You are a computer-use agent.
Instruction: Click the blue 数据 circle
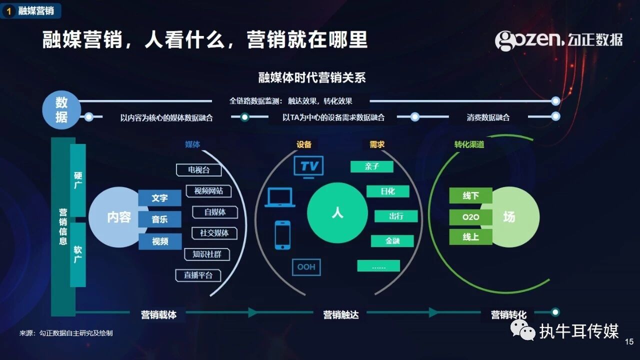(61, 110)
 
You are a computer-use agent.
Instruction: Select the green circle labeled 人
(337, 213)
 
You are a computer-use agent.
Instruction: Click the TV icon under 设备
(308, 166)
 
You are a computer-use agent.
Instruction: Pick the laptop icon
(280, 197)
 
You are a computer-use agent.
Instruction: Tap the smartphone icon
(282, 235)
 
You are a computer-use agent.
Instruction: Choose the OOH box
(306, 267)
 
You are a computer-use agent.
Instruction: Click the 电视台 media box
(199, 170)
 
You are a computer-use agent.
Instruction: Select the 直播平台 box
(198, 275)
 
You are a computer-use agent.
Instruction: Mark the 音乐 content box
(160, 219)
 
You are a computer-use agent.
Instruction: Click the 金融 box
(392, 241)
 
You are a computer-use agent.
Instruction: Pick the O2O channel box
(470, 217)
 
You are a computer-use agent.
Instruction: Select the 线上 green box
(470, 237)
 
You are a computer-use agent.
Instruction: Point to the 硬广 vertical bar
(78, 180)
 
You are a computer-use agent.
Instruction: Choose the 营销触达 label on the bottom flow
(341, 314)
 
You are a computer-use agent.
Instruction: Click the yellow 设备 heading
(304, 144)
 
